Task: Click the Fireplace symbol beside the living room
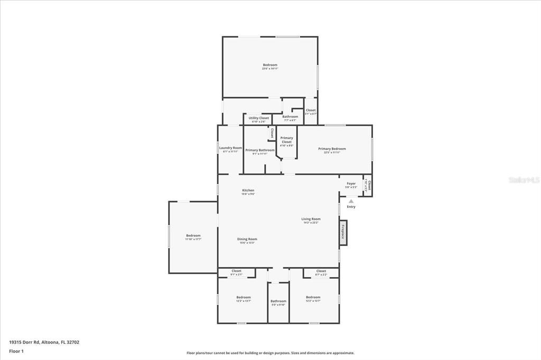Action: coord(343,232)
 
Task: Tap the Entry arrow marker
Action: coord(351,201)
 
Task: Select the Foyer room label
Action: coord(351,184)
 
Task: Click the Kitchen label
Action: coord(248,191)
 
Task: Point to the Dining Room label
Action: coord(248,239)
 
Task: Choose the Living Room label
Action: coord(311,219)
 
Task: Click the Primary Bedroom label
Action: coord(332,149)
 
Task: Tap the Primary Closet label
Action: coord(286,140)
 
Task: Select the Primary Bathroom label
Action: coord(260,150)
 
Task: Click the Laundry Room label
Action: coord(230,148)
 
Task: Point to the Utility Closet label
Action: coord(259,118)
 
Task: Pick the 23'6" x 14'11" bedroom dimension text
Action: coord(270,69)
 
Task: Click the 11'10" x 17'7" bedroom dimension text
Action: coord(193,239)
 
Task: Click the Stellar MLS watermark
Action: coord(524,180)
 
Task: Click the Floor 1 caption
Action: coord(16,350)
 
